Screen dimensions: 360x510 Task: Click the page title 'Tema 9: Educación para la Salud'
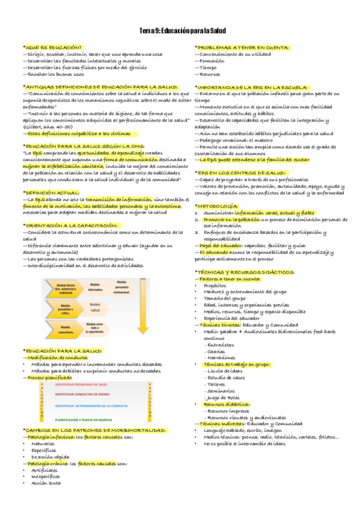[180, 30]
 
